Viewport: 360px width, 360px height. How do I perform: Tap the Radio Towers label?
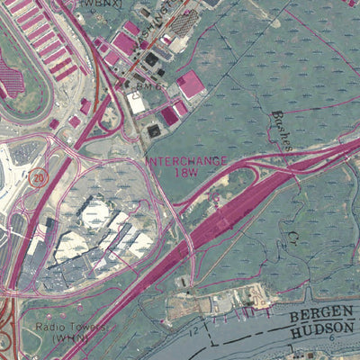pyautogui.click(x=67, y=328)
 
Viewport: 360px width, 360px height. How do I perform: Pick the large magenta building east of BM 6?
pyautogui.click(x=191, y=86)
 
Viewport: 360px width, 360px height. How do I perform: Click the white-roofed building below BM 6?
pyautogui.click(x=137, y=105)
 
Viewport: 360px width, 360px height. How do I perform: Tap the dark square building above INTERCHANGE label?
pyautogui.click(x=154, y=131)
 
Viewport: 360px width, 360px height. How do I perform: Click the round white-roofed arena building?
pyautogui.click(x=95, y=212)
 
